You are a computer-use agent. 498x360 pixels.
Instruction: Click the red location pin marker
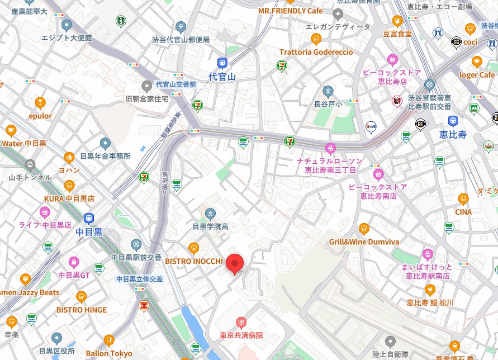[x=235, y=263]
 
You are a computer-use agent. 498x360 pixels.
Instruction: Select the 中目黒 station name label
[x=89, y=231]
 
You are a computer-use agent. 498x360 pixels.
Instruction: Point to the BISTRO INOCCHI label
[x=193, y=261]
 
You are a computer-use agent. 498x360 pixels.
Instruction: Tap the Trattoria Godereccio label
[x=316, y=52]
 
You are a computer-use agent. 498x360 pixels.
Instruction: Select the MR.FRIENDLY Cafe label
[x=290, y=11]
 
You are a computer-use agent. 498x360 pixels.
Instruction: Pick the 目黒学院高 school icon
[x=210, y=213]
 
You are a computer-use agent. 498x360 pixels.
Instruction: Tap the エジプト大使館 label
[x=67, y=37]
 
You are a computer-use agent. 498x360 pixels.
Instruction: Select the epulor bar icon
[x=40, y=102]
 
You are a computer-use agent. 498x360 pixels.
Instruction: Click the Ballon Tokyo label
[x=109, y=353]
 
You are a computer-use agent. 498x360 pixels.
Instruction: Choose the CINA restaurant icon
[x=463, y=198]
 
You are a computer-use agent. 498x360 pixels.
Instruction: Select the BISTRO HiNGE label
[x=81, y=309]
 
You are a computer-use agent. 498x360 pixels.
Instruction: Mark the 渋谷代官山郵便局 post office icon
[x=181, y=26]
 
